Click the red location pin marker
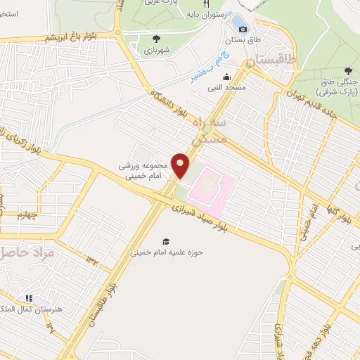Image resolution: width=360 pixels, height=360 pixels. pyautogui.click(x=181, y=165)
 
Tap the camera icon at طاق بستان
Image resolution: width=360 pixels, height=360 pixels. pyautogui.click(x=243, y=29)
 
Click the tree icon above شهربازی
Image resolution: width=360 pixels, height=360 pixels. pyautogui.click(x=155, y=39)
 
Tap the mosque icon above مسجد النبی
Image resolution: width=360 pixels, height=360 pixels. pyautogui.click(x=226, y=77)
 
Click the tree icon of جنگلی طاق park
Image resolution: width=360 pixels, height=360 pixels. pyautogui.click(x=348, y=71)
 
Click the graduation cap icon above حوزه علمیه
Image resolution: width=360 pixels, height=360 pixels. pyautogui.click(x=166, y=240)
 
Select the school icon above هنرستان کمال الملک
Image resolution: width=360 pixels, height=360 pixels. pyautogui.click(x=30, y=299)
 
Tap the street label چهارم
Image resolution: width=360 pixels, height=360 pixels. pyautogui.click(x=30, y=214)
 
